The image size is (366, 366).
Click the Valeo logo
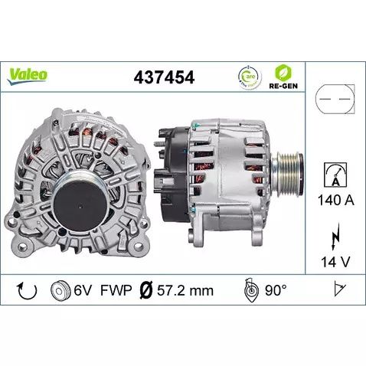pos(28,75)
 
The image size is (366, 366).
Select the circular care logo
pos(248,76)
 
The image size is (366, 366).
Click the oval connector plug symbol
pos(333,100)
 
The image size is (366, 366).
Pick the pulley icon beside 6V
pos(57,290)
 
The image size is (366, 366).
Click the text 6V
pos(83,291)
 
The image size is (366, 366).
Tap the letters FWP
pos(116,291)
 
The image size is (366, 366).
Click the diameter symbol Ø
pos(142,291)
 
